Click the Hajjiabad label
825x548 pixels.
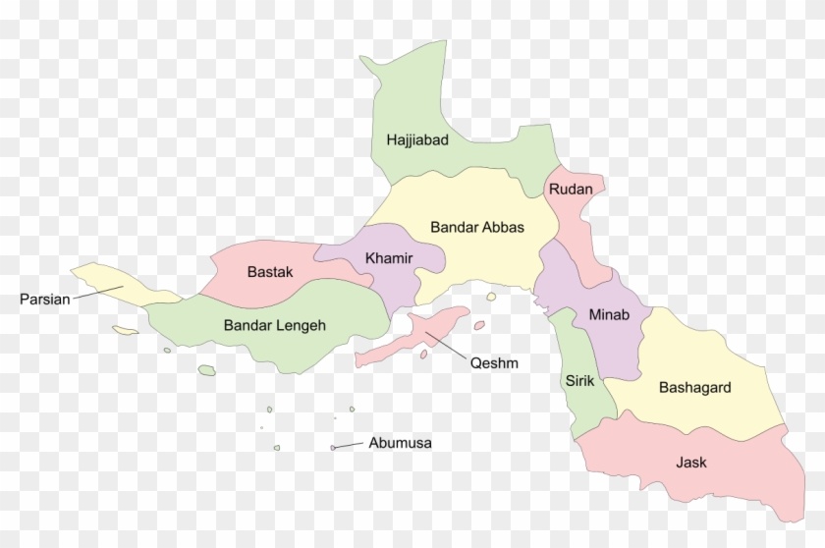click(417, 140)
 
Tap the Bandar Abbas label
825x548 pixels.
click(477, 227)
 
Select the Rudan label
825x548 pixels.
click(570, 190)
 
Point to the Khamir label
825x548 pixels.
click(388, 259)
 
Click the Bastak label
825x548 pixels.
click(270, 271)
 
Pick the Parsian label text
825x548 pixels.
click(45, 299)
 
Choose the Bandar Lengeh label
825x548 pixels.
click(274, 325)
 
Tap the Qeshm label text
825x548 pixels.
click(494, 363)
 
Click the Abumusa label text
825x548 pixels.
click(400, 443)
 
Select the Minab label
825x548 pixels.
click(609, 315)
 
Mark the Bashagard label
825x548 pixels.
click(695, 388)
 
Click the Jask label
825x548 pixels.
click(690, 462)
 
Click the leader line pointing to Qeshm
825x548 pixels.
click(447, 346)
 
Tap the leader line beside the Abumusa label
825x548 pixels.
click(350, 445)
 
